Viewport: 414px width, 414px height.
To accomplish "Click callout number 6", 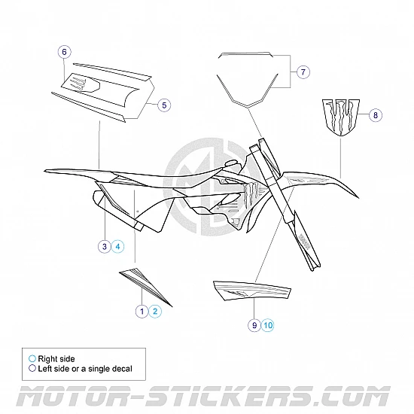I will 65,52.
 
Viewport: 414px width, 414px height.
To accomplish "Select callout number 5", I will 164,105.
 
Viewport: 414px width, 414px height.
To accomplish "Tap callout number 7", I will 303,72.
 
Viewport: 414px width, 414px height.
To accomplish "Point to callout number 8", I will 376,115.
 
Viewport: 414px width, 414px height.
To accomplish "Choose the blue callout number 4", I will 117,246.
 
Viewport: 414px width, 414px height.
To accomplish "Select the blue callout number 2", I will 154,310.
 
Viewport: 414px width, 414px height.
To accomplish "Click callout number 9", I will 255,325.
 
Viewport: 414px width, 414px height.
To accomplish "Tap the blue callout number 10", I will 269,325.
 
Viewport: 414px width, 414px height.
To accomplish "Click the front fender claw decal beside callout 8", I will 340,116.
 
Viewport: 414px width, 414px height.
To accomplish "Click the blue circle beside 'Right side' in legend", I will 32,358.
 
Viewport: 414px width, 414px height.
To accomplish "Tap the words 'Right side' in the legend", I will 57,358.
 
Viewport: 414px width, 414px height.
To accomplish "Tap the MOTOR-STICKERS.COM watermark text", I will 207,396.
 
